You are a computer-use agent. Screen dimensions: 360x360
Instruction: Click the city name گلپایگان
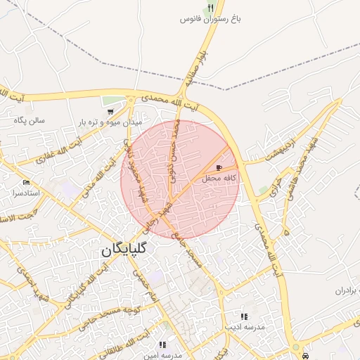[124, 249]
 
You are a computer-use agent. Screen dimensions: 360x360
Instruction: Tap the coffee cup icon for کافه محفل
[221, 168]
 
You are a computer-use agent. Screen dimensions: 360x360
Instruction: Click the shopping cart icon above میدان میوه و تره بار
[110, 111]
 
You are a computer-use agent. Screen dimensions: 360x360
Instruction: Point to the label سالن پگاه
[29, 120]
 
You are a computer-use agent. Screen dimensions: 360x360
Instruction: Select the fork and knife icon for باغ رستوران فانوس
[210, 8]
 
